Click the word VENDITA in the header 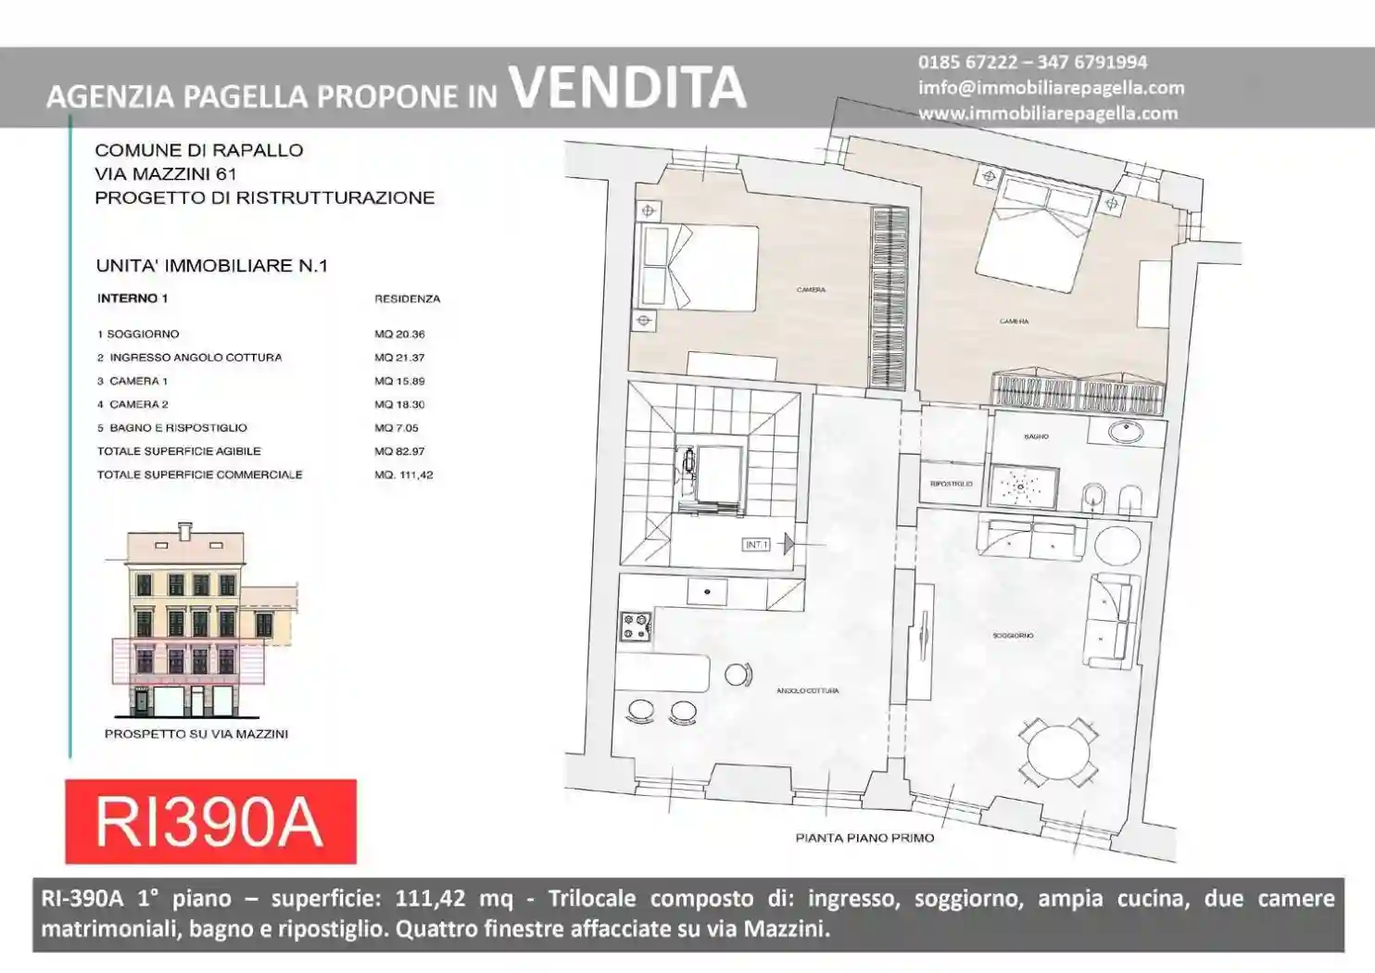coord(627,87)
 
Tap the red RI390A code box coord(210,821)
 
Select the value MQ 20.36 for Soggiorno coord(399,335)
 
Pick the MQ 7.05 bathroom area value coord(397,428)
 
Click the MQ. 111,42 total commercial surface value coord(403,475)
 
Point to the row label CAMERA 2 coord(138,405)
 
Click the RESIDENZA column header coord(407,299)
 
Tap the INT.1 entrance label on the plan coord(756,545)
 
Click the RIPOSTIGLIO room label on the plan coord(951,484)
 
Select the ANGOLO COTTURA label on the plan coord(807,691)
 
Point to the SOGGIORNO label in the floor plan coord(1013,636)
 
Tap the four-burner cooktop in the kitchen coord(636,627)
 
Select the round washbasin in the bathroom coord(1126,431)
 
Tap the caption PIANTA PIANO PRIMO coord(864,838)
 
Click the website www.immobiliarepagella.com coord(1048,113)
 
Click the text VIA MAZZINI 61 coord(166,174)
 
